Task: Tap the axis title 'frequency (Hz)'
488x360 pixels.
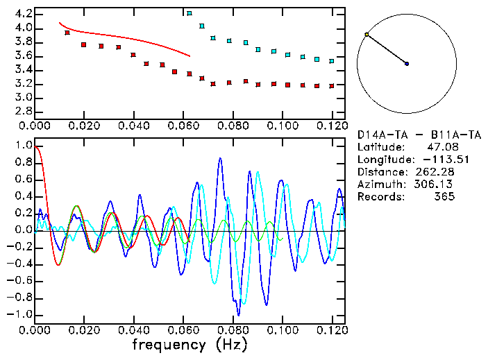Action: point(190,345)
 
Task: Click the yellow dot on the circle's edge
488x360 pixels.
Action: point(367,34)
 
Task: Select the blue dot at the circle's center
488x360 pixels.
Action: point(407,64)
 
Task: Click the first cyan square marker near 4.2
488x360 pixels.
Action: point(190,13)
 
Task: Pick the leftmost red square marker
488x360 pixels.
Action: point(67,33)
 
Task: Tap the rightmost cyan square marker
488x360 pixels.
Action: point(332,61)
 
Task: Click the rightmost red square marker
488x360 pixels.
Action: point(332,86)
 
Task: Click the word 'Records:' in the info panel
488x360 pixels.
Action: point(380,197)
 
